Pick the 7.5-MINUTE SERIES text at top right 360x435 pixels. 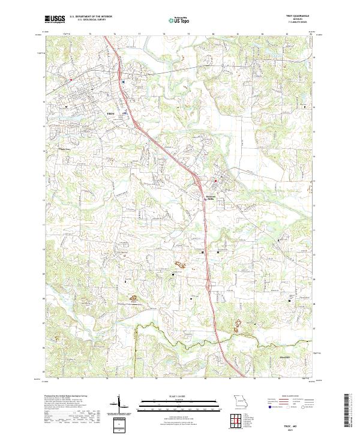[x=292, y=23]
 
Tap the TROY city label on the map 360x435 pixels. [x=110, y=113]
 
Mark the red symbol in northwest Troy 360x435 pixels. [x=71, y=79]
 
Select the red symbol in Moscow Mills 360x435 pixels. [x=216, y=179]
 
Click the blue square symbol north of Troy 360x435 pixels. [x=123, y=81]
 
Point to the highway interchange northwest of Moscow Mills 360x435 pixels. [x=195, y=174]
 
